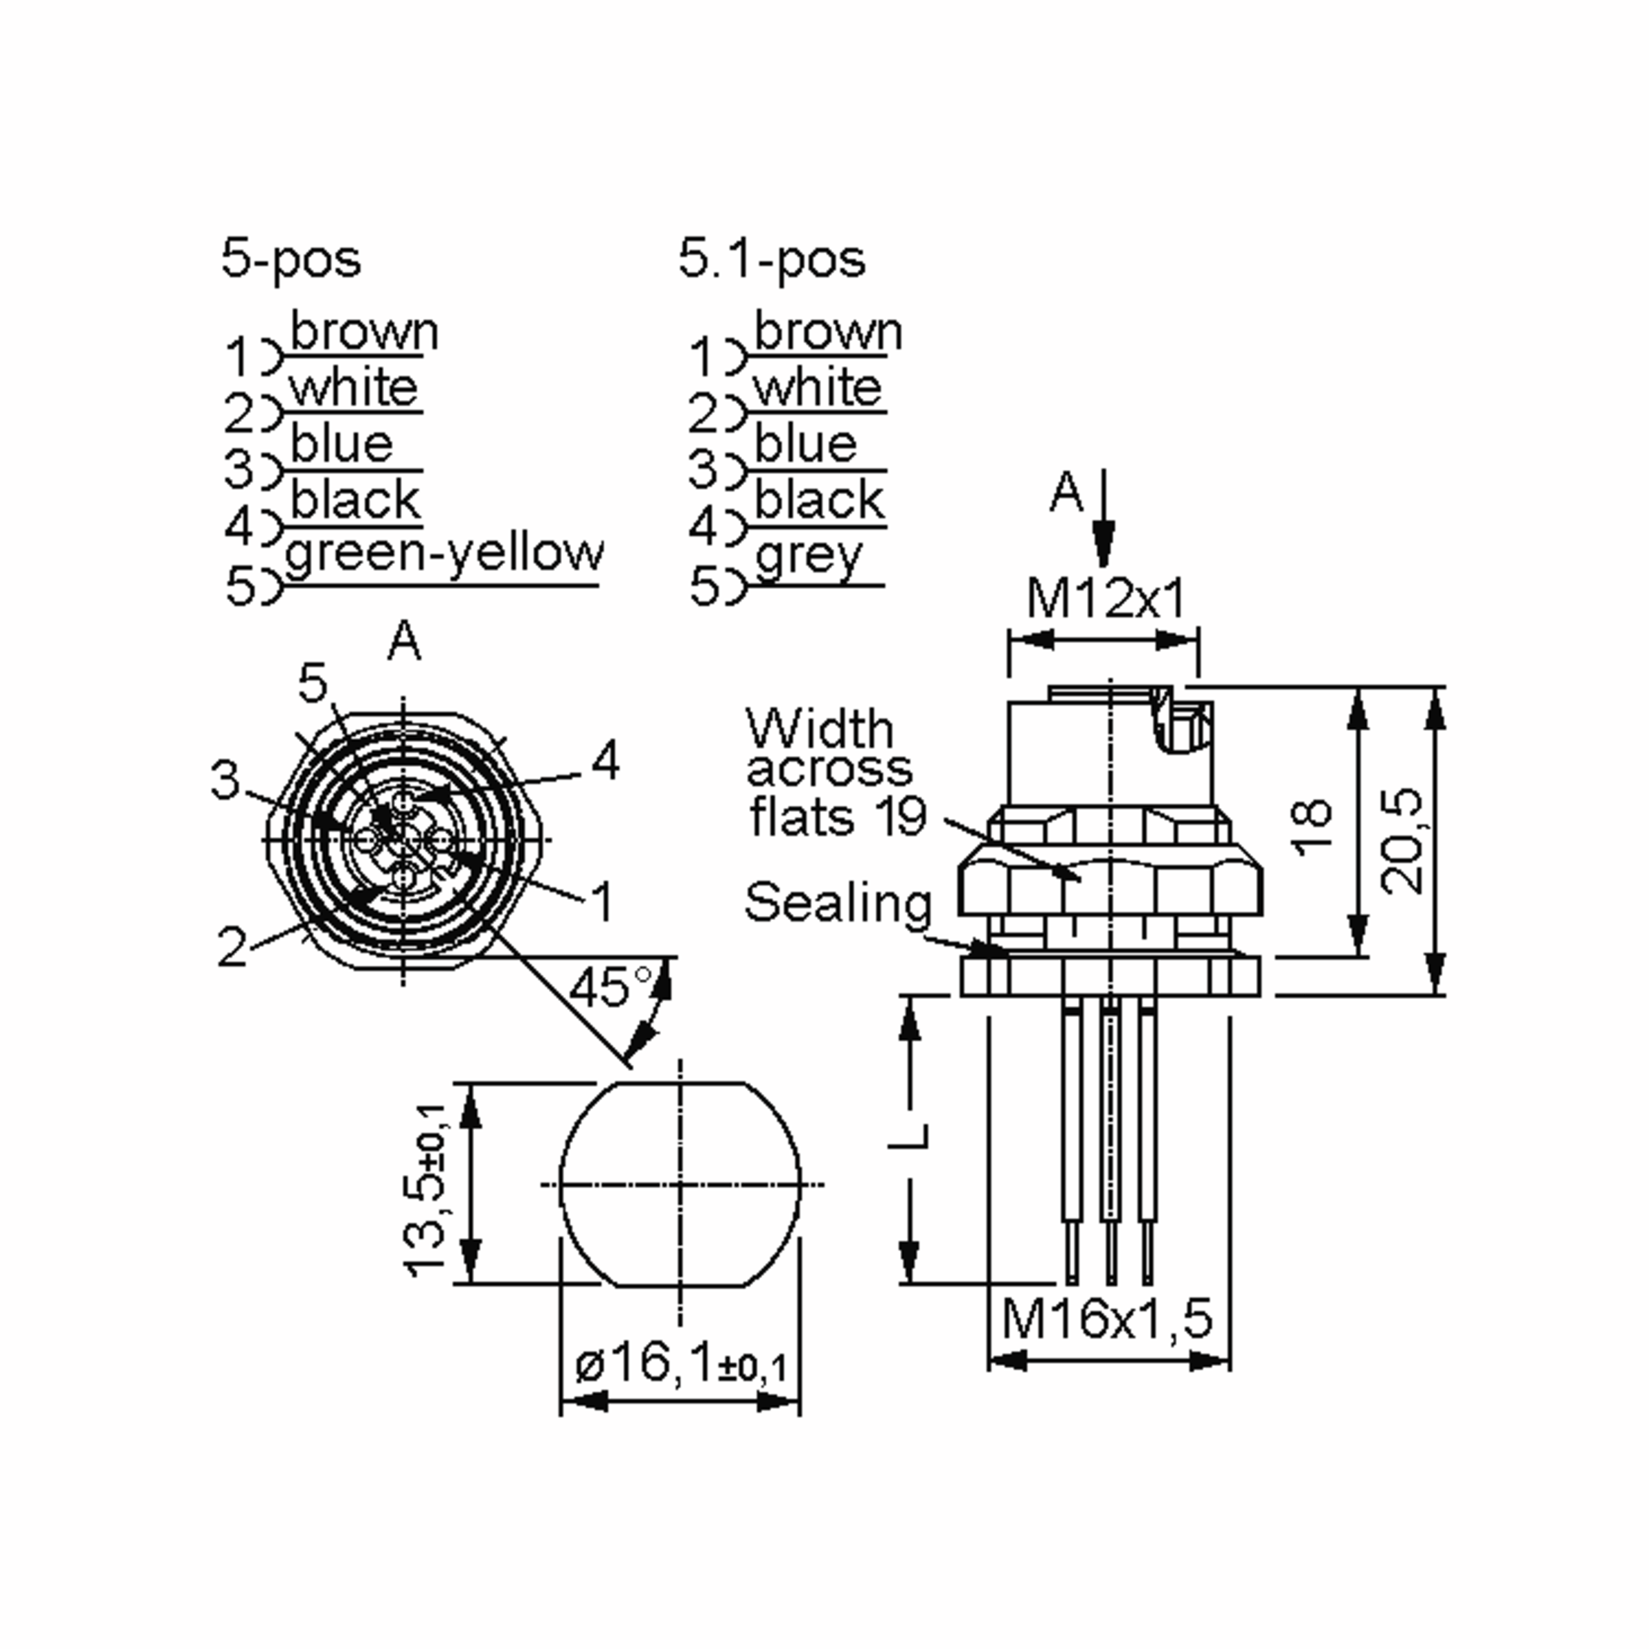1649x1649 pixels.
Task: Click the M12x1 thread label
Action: (x=1106, y=598)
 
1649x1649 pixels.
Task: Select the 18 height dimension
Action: (x=1312, y=825)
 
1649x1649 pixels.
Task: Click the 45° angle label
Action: (x=610, y=987)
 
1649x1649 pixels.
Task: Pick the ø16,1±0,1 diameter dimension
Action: (x=680, y=1364)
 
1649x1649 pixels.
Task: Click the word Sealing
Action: (x=838, y=903)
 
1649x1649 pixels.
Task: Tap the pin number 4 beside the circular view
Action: (x=605, y=761)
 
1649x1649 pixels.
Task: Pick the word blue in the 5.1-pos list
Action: (x=805, y=444)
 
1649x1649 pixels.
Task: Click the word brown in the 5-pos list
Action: (x=364, y=331)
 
